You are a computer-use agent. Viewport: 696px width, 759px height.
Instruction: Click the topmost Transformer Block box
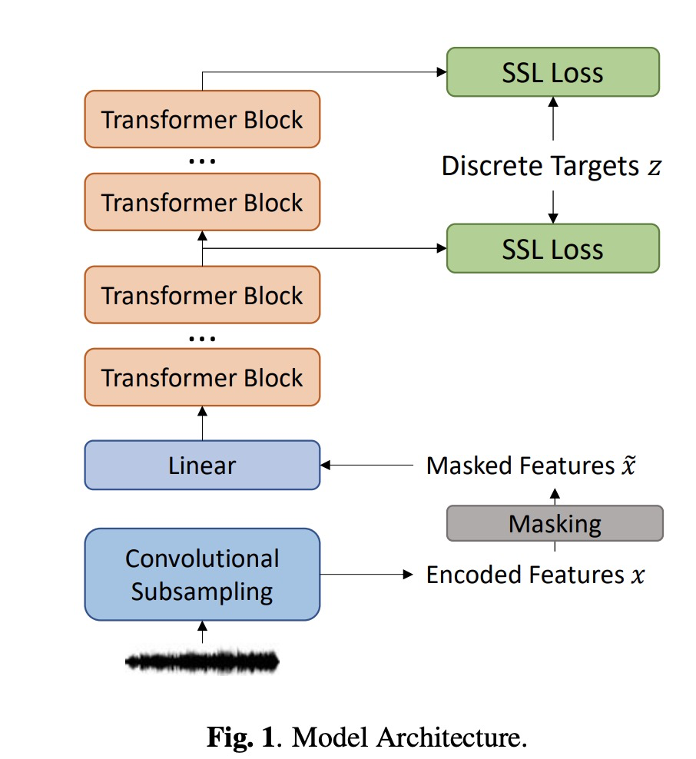point(202,119)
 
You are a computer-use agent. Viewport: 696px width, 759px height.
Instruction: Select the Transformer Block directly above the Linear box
point(202,377)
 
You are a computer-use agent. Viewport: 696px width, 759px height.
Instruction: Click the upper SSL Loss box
point(552,72)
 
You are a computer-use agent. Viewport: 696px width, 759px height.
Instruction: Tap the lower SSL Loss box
point(552,248)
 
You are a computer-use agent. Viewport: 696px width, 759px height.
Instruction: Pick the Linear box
point(202,465)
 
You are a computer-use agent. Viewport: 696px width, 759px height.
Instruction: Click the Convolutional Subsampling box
point(202,575)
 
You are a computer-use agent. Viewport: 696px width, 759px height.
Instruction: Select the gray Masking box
point(555,524)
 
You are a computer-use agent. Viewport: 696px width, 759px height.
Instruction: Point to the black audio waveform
point(202,661)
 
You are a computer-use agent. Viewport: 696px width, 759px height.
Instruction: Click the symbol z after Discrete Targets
point(653,167)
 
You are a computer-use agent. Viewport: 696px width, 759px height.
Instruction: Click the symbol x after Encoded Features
point(638,575)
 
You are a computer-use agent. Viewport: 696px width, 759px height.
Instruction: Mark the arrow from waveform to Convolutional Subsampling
point(202,631)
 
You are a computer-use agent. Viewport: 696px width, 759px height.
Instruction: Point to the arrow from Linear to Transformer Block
point(202,423)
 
